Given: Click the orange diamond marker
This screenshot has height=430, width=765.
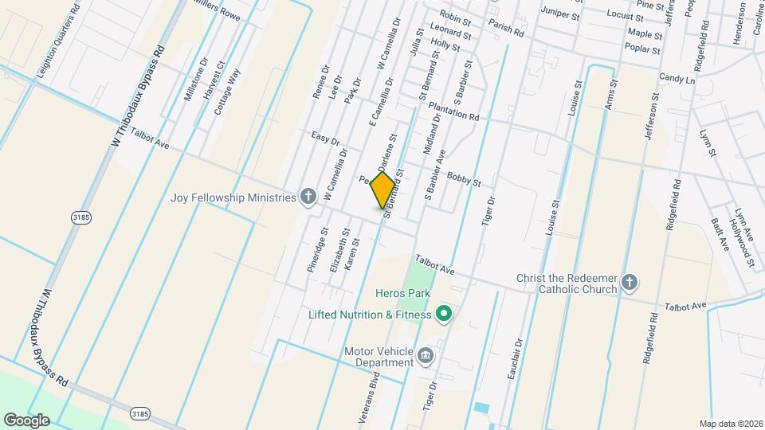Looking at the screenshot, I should pos(383,190).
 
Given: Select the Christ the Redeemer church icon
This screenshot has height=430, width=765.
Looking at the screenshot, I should pos(630,282).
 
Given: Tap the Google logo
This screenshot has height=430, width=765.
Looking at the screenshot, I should pos(26,420).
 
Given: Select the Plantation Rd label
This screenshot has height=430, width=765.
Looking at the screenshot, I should pos(453,111).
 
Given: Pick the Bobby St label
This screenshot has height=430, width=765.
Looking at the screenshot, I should pos(464,178).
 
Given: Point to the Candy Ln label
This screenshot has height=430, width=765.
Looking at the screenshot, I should pos(677,80).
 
